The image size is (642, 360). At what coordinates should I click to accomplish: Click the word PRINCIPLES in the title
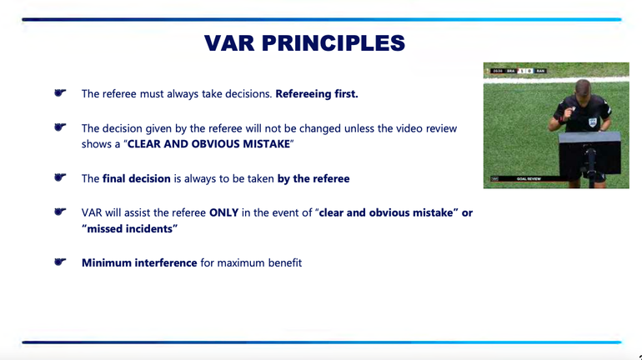[334, 43]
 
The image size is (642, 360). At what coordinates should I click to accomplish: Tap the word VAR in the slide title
[229, 43]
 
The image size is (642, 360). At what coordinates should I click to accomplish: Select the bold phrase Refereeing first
[317, 94]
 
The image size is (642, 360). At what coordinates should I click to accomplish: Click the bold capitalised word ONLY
[223, 212]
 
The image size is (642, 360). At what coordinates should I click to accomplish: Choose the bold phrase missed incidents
[129, 228]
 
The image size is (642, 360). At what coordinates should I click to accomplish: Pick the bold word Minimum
[107, 262]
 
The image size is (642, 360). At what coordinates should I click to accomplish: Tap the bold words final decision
[137, 179]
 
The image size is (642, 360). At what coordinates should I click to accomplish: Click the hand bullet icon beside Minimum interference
[60, 262]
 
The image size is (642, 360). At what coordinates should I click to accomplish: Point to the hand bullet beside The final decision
[60, 177]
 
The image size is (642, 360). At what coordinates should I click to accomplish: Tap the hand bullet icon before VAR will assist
[60, 212]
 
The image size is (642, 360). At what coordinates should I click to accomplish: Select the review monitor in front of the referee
[589, 155]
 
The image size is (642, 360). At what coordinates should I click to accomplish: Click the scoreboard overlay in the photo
[519, 71]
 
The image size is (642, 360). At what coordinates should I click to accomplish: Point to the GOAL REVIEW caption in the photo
[529, 179]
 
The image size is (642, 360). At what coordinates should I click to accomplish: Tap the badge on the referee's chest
[592, 122]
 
